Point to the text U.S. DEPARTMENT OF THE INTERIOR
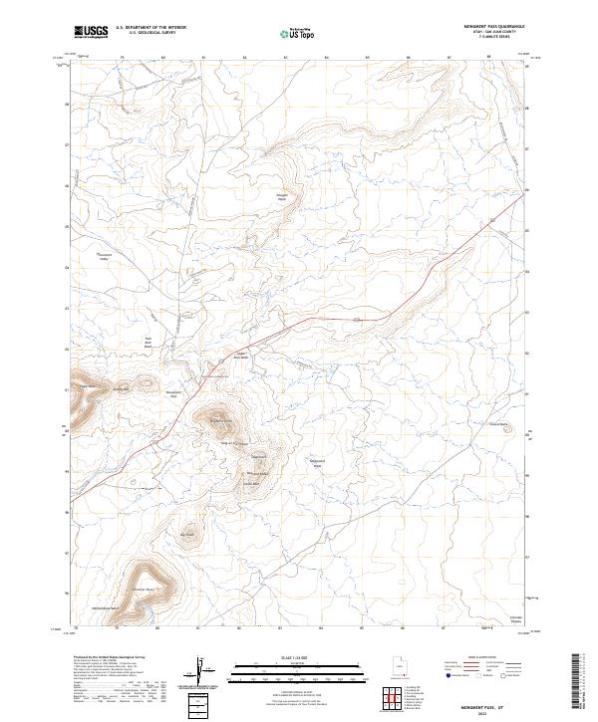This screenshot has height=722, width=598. pyautogui.click(x=150, y=28)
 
